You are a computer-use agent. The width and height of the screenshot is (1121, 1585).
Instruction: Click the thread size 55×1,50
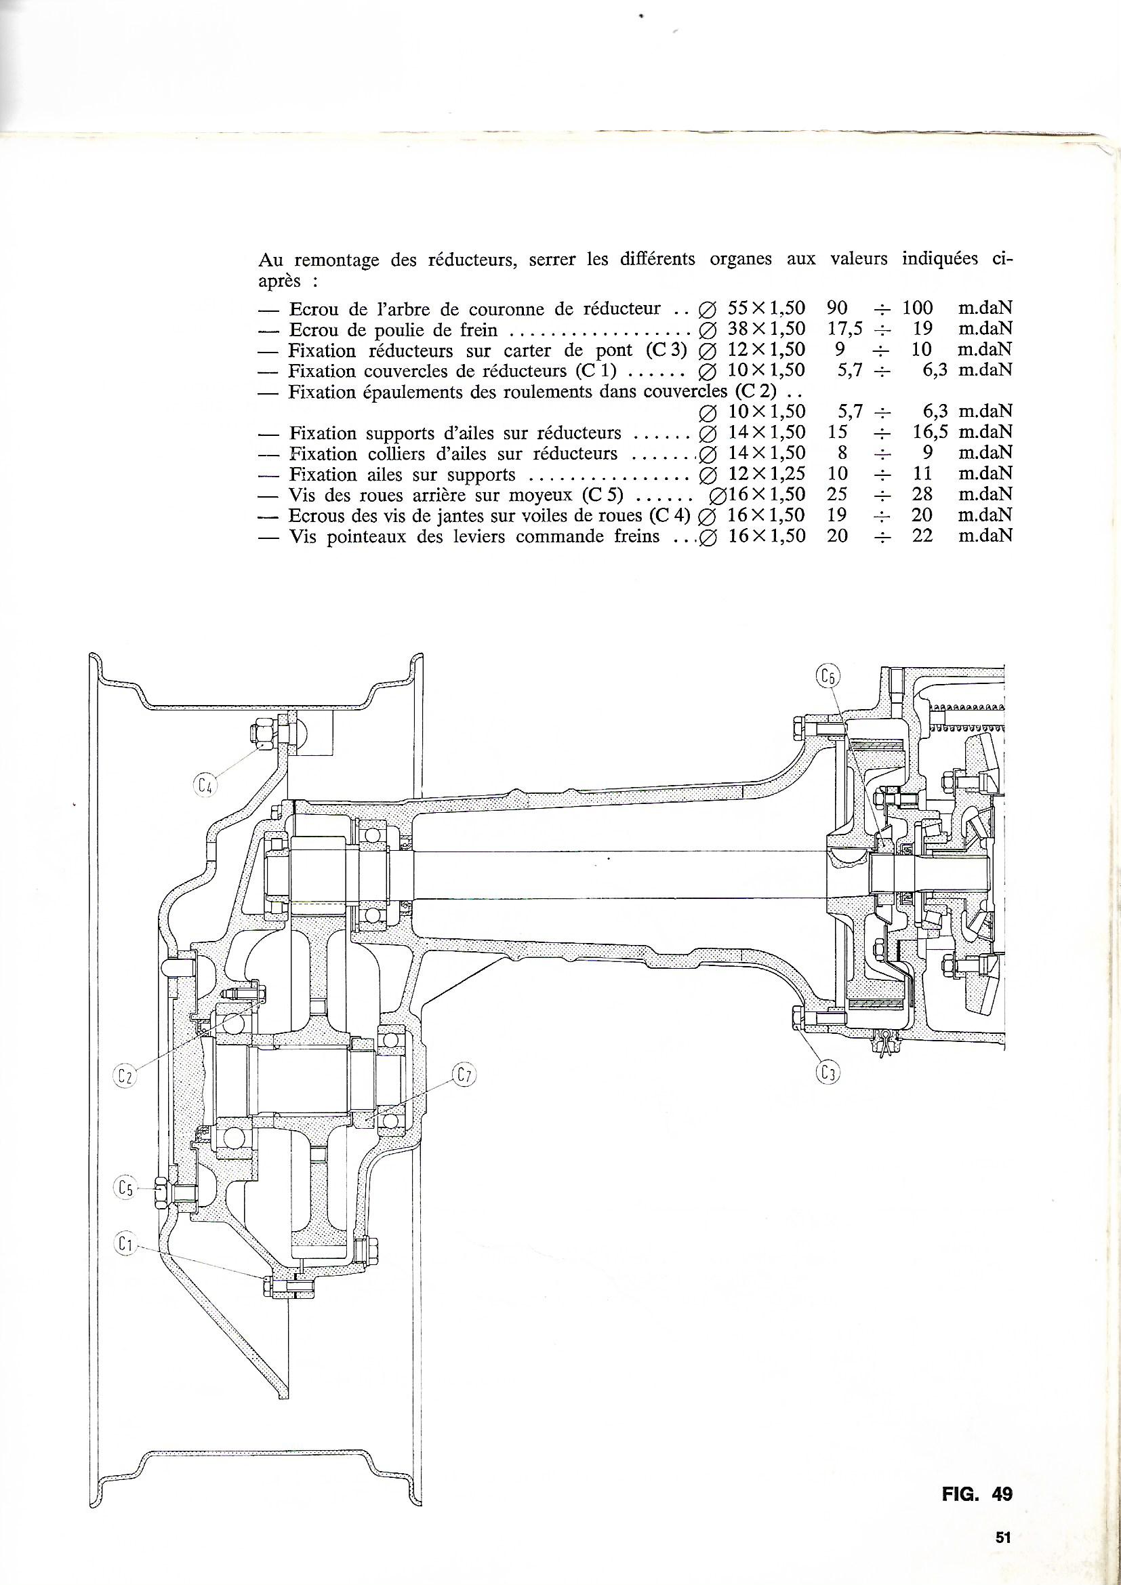(767, 307)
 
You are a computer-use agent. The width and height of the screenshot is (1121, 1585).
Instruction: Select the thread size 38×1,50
(767, 328)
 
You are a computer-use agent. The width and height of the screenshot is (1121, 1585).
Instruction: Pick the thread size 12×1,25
(767, 475)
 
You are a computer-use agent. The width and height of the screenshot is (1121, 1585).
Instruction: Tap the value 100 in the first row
(918, 307)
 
